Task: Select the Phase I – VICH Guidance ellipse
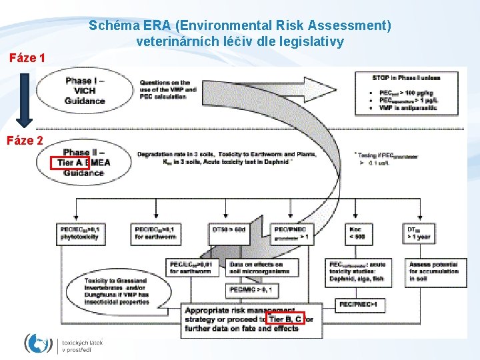point(85,91)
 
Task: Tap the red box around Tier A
point(69,163)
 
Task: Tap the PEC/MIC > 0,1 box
point(249,290)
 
